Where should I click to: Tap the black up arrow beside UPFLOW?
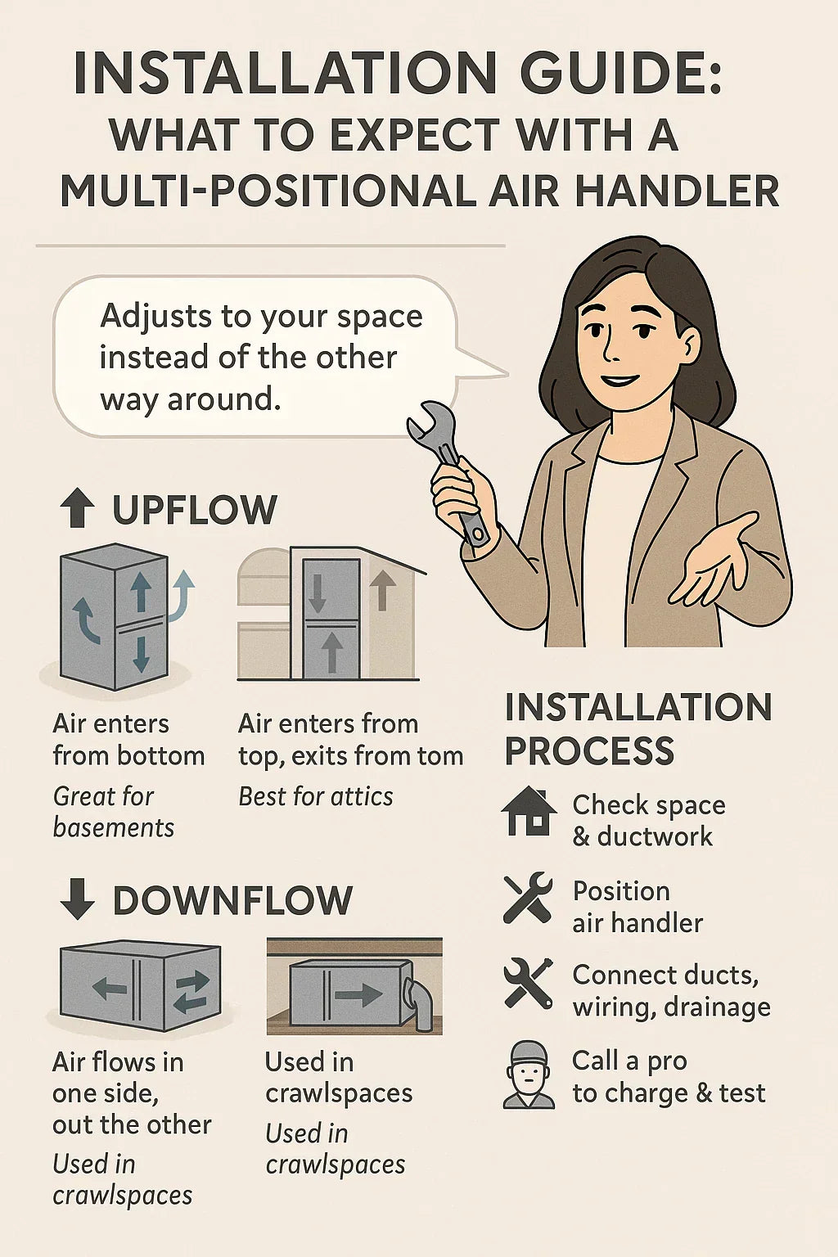(77, 507)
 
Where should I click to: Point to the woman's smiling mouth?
(619, 381)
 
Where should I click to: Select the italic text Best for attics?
(315, 797)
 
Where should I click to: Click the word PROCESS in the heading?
(589, 750)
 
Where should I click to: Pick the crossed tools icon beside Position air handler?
(528, 898)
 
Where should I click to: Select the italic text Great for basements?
(114, 812)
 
